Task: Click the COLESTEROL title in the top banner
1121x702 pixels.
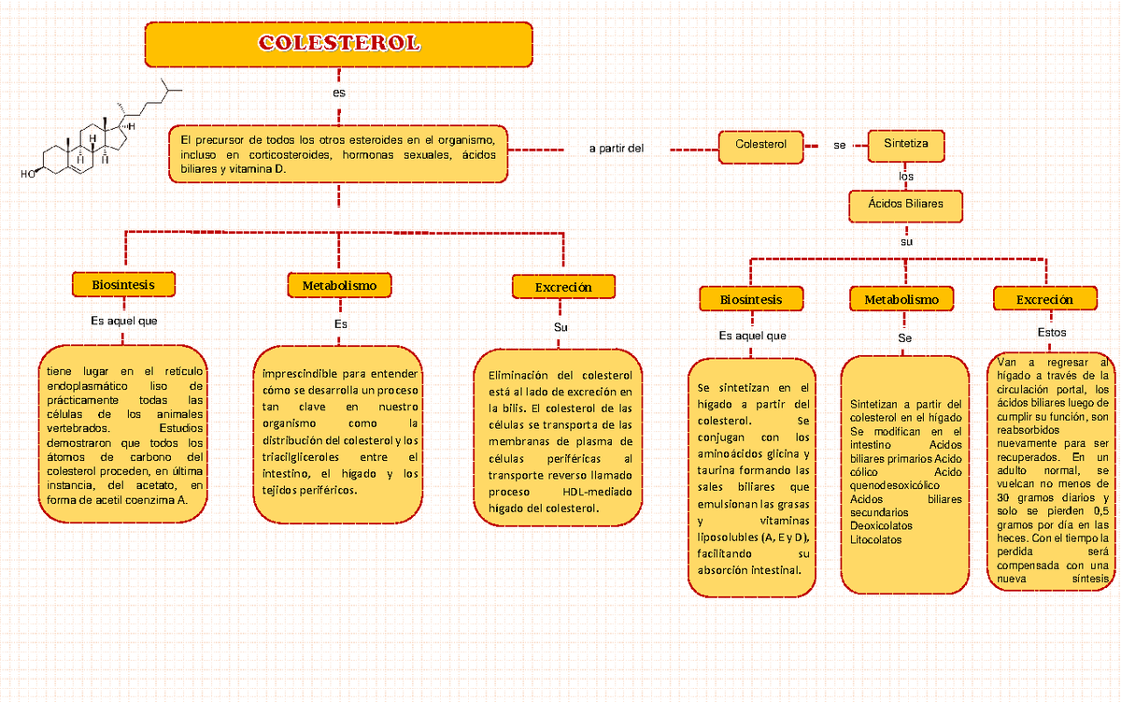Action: click(x=339, y=43)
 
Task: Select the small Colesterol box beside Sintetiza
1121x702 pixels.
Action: click(x=760, y=147)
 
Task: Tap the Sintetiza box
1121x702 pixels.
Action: click(x=906, y=146)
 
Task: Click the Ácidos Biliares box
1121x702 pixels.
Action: click(x=905, y=206)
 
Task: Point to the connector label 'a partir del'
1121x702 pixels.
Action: click(x=616, y=149)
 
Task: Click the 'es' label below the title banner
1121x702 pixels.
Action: click(x=339, y=93)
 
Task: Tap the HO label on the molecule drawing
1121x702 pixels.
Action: click(x=27, y=174)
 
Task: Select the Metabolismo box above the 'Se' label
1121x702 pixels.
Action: click(x=901, y=299)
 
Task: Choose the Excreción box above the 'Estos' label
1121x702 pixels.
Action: click(x=1045, y=299)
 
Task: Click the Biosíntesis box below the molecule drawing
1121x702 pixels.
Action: click(x=123, y=284)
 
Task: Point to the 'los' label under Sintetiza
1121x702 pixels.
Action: click(x=906, y=177)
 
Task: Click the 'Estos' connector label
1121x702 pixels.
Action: click(x=1052, y=333)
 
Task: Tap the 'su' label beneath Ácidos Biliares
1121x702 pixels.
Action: click(x=906, y=242)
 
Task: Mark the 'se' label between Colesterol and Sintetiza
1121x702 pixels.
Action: click(x=839, y=145)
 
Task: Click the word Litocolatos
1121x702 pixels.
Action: click(x=876, y=539)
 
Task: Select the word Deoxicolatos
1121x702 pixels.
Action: click(x=881, y=525)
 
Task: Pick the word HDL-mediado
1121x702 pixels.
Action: click(x=597, y=492)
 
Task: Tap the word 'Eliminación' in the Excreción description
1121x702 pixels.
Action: click(x=518, y=376)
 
